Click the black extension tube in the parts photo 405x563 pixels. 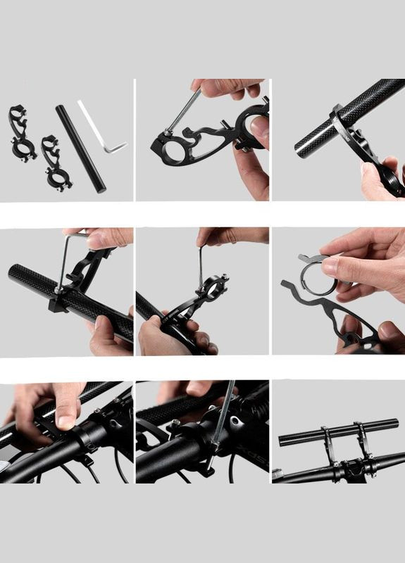tap(80, 148)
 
